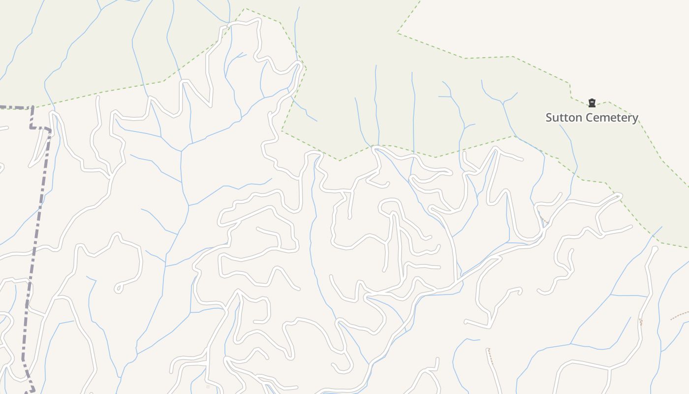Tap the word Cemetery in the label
click(x=613, y=118)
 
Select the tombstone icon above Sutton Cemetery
click(x=592, y=103)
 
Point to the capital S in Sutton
click(x=549, y=118)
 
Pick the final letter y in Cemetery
click(x=635, y=119)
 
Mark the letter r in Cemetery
click(x=629, y=118)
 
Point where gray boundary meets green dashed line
click(x=32, y=106)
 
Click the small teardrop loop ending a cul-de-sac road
click(x=118, y=289)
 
